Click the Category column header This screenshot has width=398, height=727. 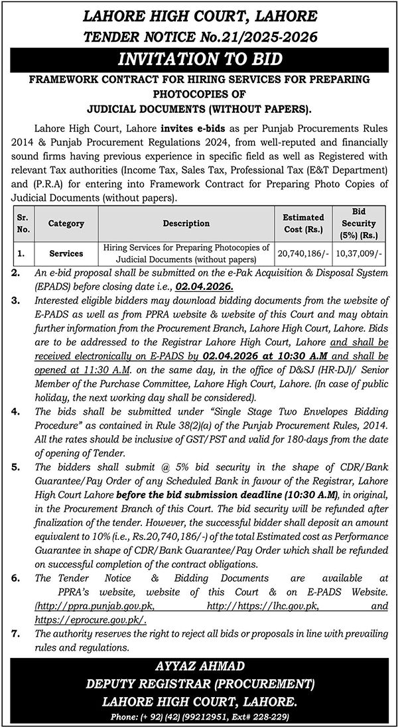click(66, 224)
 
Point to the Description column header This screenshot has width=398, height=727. click(186, 224)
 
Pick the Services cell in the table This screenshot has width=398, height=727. click(66, 253)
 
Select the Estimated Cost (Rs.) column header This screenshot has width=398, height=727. click(303, 224)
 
